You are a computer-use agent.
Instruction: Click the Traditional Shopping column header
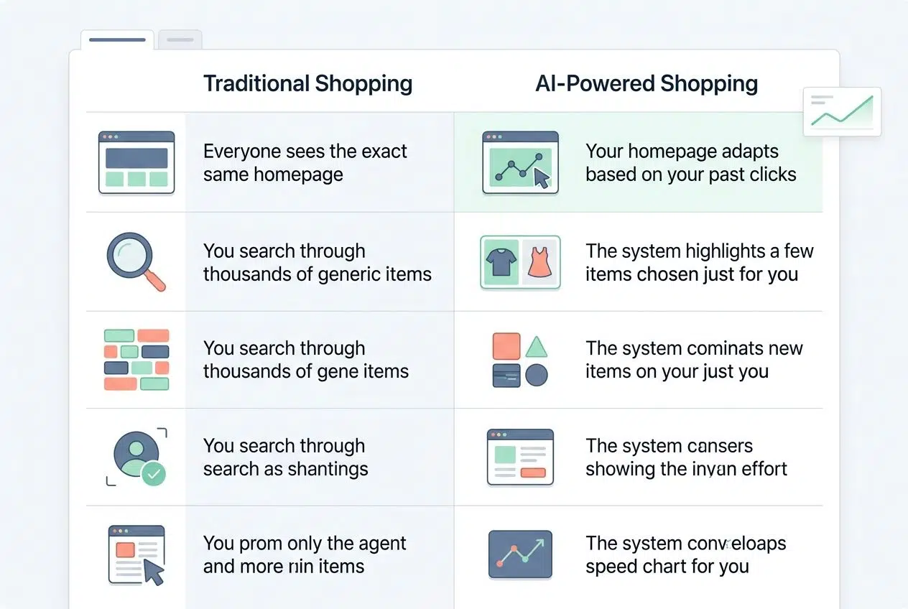[x=307, y=83]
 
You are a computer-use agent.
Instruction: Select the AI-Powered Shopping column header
[x=647, y=83]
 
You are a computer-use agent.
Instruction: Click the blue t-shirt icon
[x=500, y=262]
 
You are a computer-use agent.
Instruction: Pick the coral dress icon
[x=539, y=263]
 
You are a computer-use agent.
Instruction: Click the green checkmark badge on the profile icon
[x=152, y=473]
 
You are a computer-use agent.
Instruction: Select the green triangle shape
[x=536, y=347]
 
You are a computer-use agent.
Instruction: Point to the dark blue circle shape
[x=536, y=375]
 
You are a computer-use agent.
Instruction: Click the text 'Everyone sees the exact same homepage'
[x=305, y=163]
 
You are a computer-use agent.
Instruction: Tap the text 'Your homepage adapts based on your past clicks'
[x=690, y=163]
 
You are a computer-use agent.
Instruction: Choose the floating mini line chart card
[x=842, y=112]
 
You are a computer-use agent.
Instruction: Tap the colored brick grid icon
[x=136, y=359]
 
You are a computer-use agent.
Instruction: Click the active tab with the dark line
[x=117, y=39]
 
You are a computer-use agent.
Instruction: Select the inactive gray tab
[x=180, y=39]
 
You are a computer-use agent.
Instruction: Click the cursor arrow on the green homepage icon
[x=542, y=180]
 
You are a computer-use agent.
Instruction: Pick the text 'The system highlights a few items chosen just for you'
[x=699, y=262]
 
